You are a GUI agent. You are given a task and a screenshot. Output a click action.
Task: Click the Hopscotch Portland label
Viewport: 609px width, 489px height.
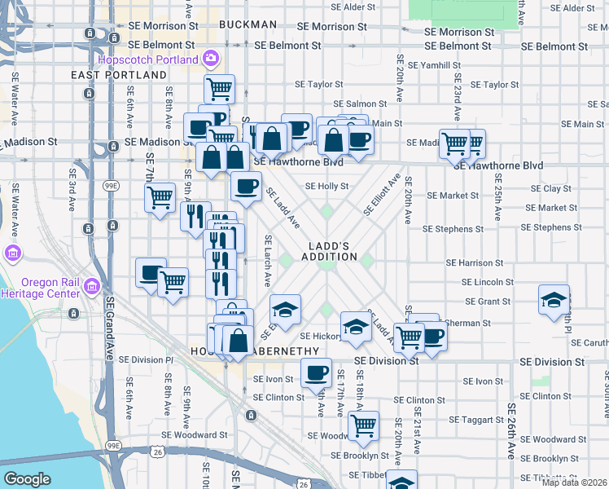click(147, 59)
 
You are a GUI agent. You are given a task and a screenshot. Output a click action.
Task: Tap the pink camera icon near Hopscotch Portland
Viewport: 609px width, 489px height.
click(211, 59)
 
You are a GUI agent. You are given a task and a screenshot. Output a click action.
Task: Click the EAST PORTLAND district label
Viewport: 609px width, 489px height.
click(119, 75)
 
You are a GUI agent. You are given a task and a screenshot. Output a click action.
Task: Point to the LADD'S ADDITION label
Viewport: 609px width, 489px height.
click(333, 251)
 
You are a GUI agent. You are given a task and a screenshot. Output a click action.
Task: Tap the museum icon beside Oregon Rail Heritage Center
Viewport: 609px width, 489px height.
click(91, 287)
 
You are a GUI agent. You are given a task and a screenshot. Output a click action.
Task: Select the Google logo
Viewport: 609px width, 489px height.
click(27, 479)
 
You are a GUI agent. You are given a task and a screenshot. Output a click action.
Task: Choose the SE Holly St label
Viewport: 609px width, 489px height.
click(326, 186)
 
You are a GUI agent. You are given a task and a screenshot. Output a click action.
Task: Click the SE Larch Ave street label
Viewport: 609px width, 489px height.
click(267, 261)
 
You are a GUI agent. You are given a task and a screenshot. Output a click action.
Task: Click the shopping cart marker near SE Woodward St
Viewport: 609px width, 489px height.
click(363, 425)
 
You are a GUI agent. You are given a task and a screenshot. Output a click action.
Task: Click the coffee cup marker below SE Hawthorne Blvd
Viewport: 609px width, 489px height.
click(246, 186)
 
